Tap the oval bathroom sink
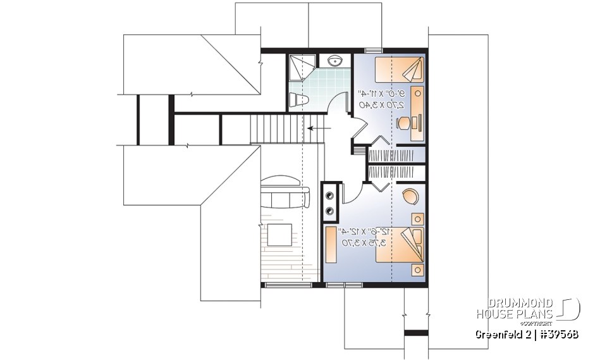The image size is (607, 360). pyautogui.click(x=336, y=61)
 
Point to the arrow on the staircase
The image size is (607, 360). pyautogui.click(x=318, y=128)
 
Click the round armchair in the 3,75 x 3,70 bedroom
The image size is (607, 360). pyautogui.click(x=410, y=197)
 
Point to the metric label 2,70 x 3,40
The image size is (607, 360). pyautogui.click(x=383, y=104)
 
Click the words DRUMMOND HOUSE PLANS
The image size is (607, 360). pyautogui.click(x=515, y=307)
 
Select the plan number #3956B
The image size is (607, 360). pyautogui.click(x=556, y=333)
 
